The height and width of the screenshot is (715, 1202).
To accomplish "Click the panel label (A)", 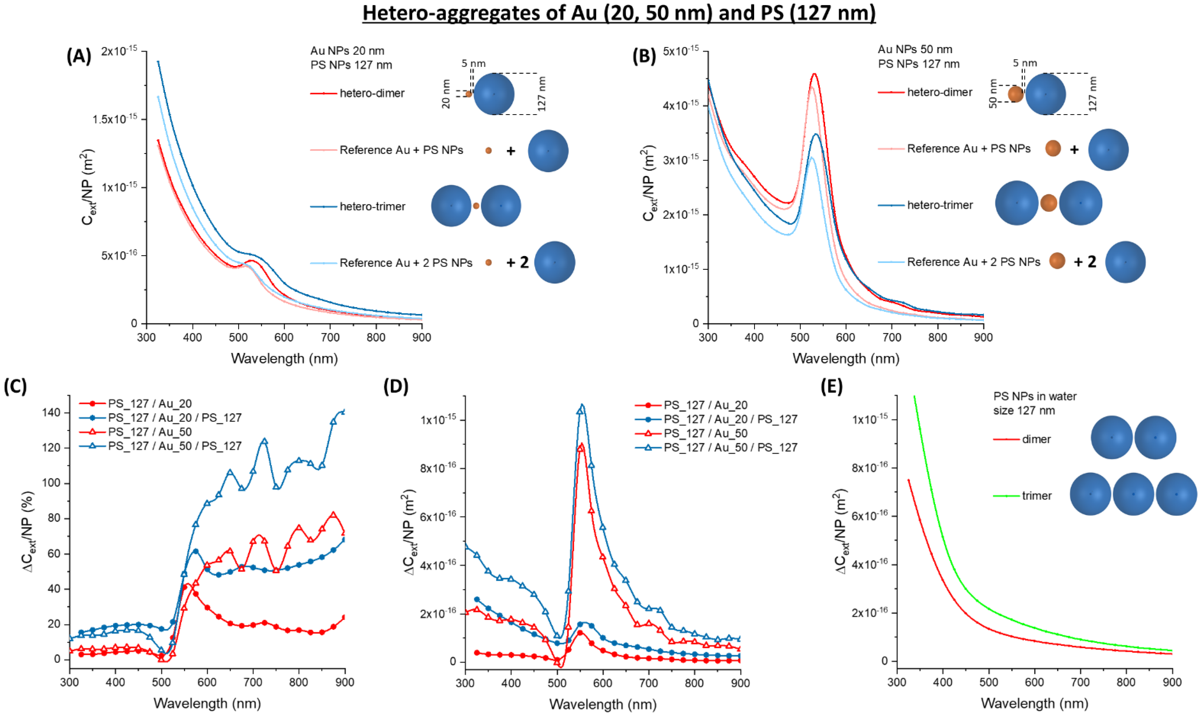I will [x=79, y=56].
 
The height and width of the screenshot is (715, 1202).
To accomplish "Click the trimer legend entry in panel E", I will [x=1036, y=496].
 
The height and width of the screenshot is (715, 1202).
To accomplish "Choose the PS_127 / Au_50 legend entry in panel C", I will [x=150, y=432].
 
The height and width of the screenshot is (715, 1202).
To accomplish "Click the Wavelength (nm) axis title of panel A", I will [x=284, y=358].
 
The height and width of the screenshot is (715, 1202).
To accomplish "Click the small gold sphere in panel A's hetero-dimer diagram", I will [x=468, y=94].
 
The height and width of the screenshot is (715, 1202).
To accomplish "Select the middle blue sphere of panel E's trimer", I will [x=1133, y=494].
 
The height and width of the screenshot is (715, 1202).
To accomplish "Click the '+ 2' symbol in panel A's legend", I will [x=518, y=262].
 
